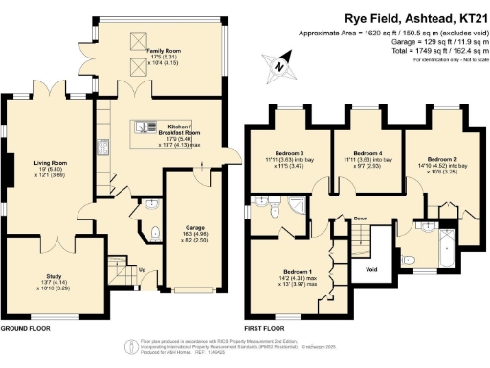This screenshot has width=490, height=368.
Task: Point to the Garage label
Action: click(x=194, y=227)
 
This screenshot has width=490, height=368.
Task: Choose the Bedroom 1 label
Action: click(x=297, y=272)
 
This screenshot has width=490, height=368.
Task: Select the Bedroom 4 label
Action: click(x=367, y=153)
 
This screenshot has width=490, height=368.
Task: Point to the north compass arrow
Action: click(x=277, y=66)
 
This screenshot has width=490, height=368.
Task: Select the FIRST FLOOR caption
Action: click(x=264, y=328)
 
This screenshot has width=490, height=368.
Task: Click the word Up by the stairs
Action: click(x=144, y=270)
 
